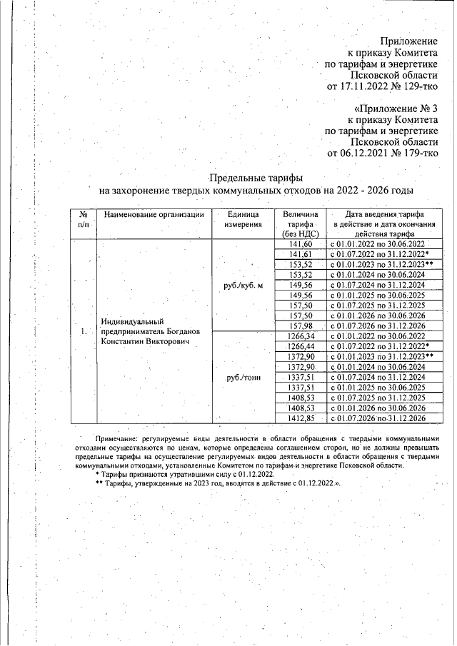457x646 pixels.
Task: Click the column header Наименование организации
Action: coord(154,214)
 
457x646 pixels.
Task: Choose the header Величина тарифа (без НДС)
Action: coord(299,223)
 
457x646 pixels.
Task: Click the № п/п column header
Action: coord(83,219)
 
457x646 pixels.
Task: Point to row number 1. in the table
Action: coord(84,331)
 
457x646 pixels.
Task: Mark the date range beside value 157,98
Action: coord(378,325)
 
